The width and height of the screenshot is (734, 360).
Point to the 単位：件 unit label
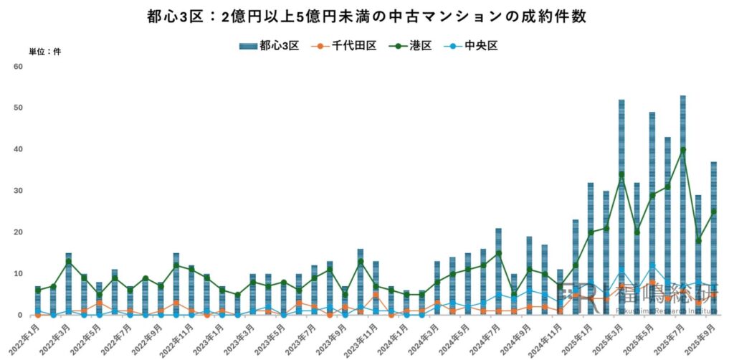click(44, 52)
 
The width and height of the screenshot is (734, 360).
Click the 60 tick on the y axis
click(19, 67)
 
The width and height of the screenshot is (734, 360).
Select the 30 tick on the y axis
click(19, 191)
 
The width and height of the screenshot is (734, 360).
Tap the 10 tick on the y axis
click(19, 274)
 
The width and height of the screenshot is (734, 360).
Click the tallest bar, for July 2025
click(683, 208)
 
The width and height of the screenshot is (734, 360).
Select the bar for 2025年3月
click(621, 208)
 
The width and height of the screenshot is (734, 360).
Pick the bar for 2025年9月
click(714, 240)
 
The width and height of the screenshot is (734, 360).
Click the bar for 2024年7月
click(498, 273)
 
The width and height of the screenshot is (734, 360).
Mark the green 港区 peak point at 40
click(683, 150)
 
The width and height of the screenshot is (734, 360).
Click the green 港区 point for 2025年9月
click(714, 212)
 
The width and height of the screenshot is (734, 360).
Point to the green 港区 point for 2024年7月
click(498, 253)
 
